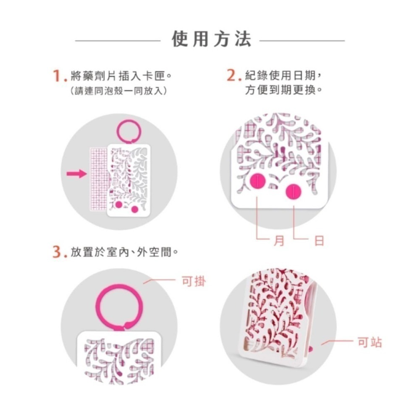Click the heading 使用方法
click(x=212, y=39)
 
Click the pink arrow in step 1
click(x=76, y=174)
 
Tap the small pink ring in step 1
click(x=129, y=121)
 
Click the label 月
click(x=279, y=241)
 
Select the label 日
click(x=319, y=241)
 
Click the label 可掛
click(x=194, y=281)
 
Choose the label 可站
click(x=370, y=342)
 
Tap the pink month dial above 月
click(x=258, y=181)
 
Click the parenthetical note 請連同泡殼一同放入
click(x=118, y=91)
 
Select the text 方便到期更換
click(x=283, y=90)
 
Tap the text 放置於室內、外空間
click(x=124, y=252)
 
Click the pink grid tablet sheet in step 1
click(x=99, y=179)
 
